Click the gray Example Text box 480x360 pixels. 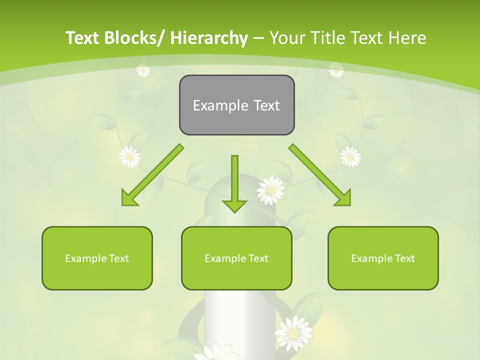236,105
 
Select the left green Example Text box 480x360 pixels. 97,258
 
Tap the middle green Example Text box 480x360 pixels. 236,258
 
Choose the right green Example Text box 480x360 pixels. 383,258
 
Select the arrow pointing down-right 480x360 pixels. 320,175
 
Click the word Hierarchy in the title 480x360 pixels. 209,38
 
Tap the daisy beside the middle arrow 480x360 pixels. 270,190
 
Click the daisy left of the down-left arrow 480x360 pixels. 129,157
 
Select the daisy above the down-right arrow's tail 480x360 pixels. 350,157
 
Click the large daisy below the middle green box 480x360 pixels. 294,332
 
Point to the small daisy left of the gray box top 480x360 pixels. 143,70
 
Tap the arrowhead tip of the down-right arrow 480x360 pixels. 349,205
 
